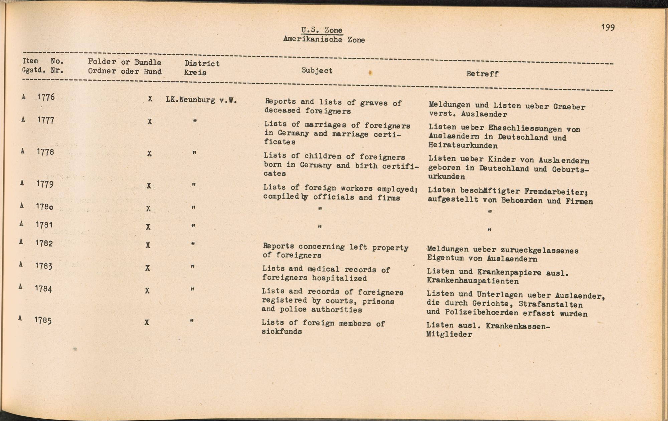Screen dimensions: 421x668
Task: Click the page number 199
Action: [x=608, y=27]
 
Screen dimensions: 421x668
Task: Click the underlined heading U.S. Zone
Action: [x=322, y=30]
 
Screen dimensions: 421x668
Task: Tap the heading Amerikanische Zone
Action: [x=324, y=40]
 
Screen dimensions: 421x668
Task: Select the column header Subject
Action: [x=317, y=70]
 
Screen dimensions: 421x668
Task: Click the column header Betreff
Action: [x=482, y=74]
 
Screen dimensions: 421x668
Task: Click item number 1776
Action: [x=46, y=97]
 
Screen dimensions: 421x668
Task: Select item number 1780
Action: [x=44, y=207]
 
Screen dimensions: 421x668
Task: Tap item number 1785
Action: [x=43, y=321]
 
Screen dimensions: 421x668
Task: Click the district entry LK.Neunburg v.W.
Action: [x=201, y=100]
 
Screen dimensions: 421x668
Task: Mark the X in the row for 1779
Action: [x=149, y=186]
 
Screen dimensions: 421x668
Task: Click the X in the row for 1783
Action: [x=147, y=268]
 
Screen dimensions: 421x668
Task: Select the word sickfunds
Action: [x=282, y=332]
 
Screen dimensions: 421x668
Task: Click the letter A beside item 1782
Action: [x=21, y=242]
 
